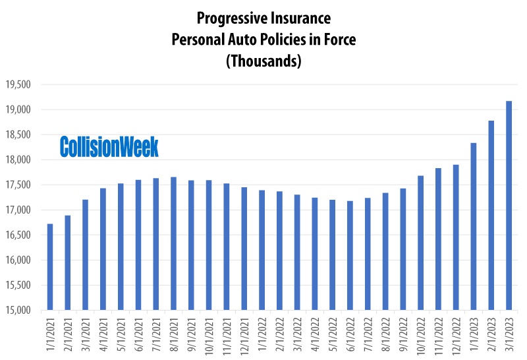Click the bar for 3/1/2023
point(509,206)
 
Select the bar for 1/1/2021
point(50,267)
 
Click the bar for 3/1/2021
point(85,255)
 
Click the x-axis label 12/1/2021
point(245,334)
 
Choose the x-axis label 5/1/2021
point(121,334)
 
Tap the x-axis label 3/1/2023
point(509,334)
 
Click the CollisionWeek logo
point(109,146)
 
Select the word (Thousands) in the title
point(263,61)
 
